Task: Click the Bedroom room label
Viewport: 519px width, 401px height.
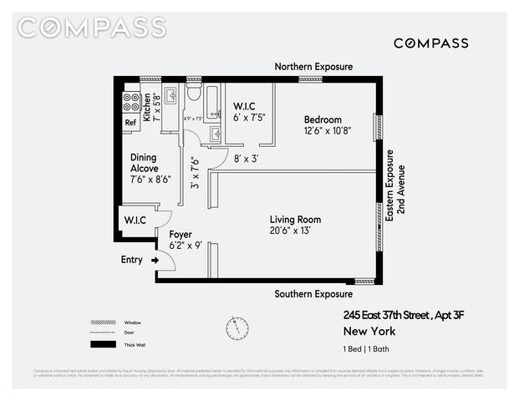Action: [x=323, y=119]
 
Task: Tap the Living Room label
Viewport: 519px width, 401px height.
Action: [x=295, y=220]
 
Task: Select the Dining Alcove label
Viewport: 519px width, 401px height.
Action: [x=145, y=163]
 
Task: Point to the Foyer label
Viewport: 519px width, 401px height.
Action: [x=181, y=236]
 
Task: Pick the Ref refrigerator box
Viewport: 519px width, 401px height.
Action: [x=130, y=122]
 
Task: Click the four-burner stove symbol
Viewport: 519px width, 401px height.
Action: [x=131, y=102]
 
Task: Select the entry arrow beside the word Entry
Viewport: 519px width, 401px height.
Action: [x=155, y=261]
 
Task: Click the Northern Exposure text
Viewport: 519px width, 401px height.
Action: [x=314, y=67]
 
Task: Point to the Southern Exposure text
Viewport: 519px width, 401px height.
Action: [x=314, y=294]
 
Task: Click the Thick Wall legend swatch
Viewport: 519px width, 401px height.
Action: [x=103, y=344]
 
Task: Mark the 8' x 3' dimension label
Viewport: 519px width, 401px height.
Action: [x=246, y=158]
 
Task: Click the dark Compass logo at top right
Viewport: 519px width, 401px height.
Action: [x=430, y=43]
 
